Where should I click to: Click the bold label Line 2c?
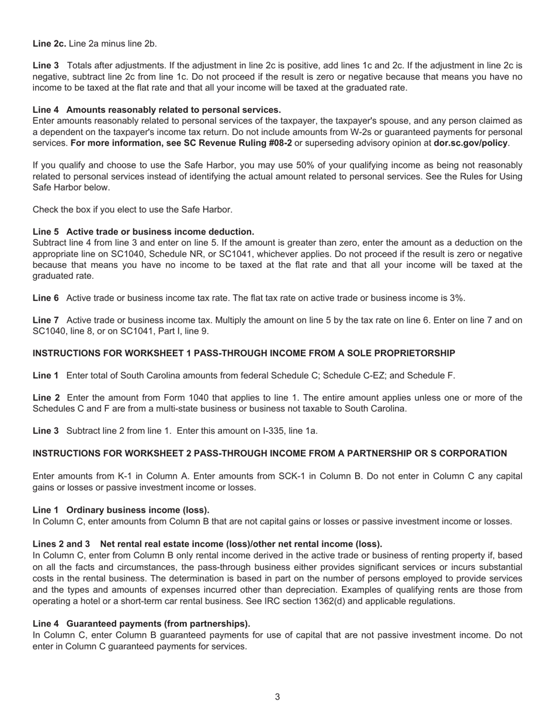tap(49, 43)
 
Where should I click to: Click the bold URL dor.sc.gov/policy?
tap(470, 143)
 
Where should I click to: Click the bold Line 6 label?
tap(46, 298)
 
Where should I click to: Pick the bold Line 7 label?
tap(46, 320)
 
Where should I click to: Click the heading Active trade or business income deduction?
tap(160, 232)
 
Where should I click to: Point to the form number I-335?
tap(271, 431)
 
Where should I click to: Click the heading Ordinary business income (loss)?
tap(138, 510)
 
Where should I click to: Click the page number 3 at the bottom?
tap(277, 697)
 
